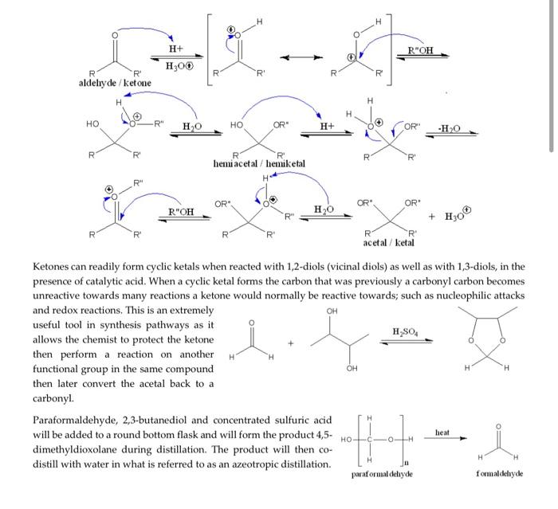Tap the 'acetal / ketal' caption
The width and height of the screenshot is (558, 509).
[388, 242]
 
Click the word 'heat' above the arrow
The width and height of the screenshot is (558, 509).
[443, 433]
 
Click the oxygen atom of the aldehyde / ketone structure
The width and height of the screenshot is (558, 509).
[115, 35]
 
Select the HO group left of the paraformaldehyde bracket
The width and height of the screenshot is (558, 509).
[345, 440]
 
